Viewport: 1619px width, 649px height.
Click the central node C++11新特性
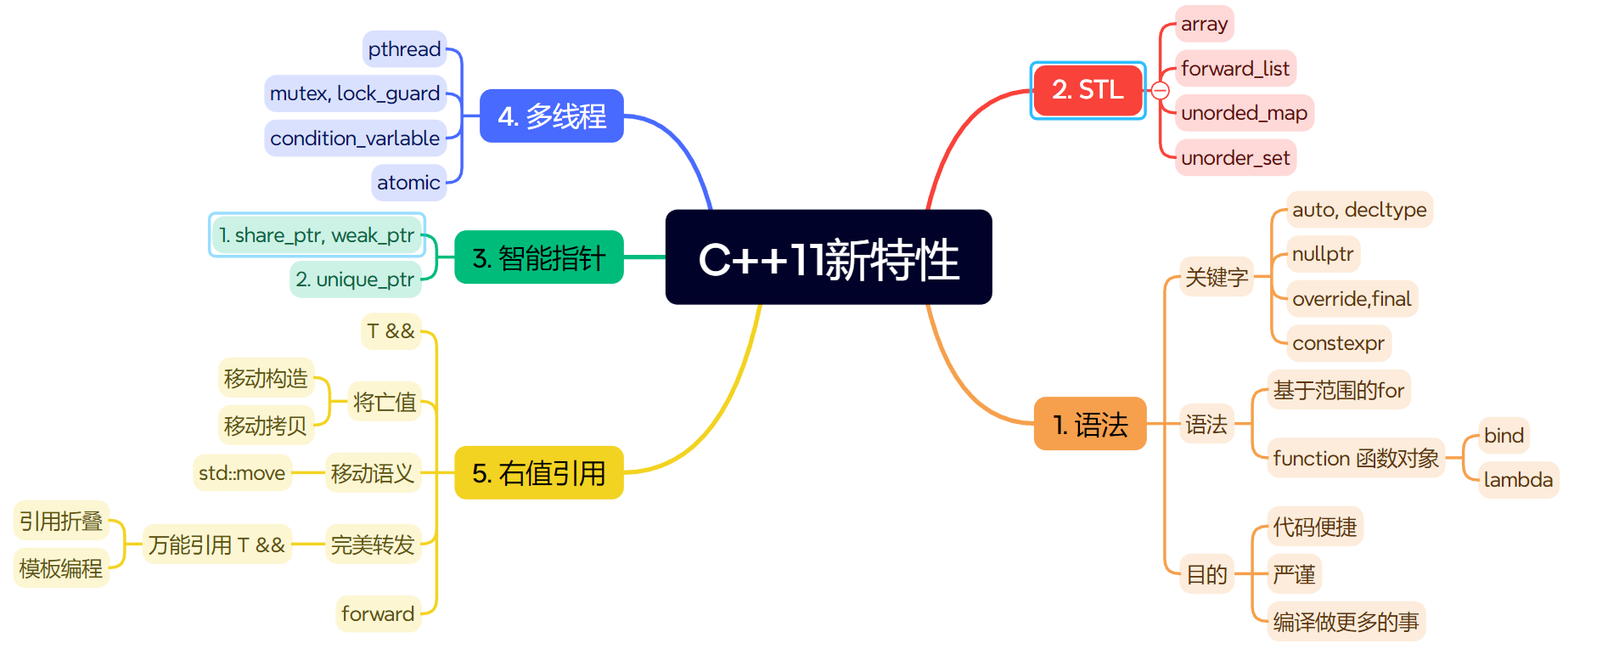coord(829,257)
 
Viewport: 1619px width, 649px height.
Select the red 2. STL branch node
coord(1088,90)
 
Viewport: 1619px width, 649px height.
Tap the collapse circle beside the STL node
coord(1161,91)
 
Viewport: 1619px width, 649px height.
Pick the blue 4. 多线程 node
coord(552,116)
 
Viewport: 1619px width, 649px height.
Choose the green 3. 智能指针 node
coord(539,257)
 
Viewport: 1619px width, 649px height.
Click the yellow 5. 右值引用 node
coord(539,473)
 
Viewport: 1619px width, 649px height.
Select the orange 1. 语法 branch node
coord(1090,424)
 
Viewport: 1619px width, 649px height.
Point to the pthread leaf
coord(404,49)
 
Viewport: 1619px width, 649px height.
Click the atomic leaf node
coord(408,183)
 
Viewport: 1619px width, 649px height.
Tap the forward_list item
coord(1235,69)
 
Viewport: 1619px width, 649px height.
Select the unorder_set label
coord(1235,158)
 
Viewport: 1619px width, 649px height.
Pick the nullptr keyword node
coord(1323,254)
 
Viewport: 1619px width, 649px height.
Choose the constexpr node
coord(1338,343)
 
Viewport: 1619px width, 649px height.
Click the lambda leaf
coord(1518,480)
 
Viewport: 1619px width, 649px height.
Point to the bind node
coord(1504,436)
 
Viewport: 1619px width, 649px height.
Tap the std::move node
coord(242,473)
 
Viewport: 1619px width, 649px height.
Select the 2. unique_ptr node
coord(355,279)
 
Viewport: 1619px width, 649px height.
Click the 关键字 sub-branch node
coord(1217,277)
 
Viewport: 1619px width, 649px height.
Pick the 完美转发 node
coord(373,545)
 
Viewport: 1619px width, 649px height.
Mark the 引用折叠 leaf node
coord(61,521)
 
